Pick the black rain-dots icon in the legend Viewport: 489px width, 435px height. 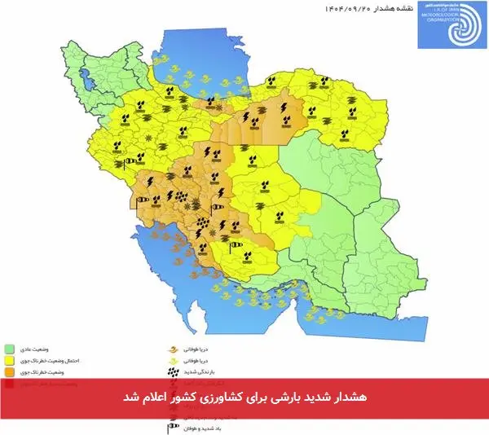(x=172, y=371)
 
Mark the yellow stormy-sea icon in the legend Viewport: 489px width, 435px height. (x=172, y=358)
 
